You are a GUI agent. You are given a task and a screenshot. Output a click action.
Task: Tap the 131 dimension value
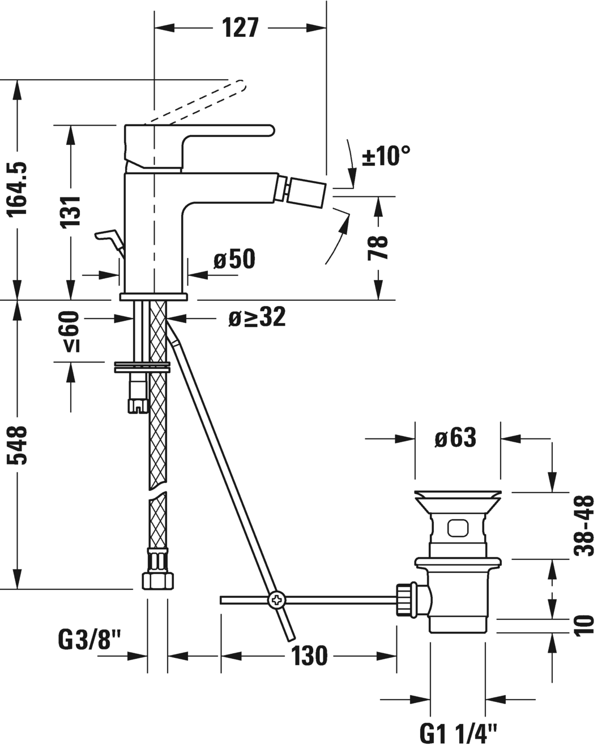click(x=71, y=212)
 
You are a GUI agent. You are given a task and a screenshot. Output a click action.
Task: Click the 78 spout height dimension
click(x=378, y=247)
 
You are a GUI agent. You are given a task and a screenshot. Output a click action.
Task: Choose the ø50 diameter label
click(x=234, y=260)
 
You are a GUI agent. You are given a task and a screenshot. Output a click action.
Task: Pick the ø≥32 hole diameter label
click(x=257, y=318)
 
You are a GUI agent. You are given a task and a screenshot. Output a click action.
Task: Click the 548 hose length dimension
click(x=19, y=445)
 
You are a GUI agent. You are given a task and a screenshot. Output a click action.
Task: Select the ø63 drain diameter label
click(x=456, y=437)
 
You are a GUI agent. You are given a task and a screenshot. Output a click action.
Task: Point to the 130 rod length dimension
click(x=309, y=656)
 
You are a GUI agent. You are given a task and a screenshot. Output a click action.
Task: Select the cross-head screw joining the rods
click(x=277, y=600)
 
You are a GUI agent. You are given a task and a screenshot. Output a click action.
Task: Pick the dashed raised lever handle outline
click(x=198, y=102)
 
